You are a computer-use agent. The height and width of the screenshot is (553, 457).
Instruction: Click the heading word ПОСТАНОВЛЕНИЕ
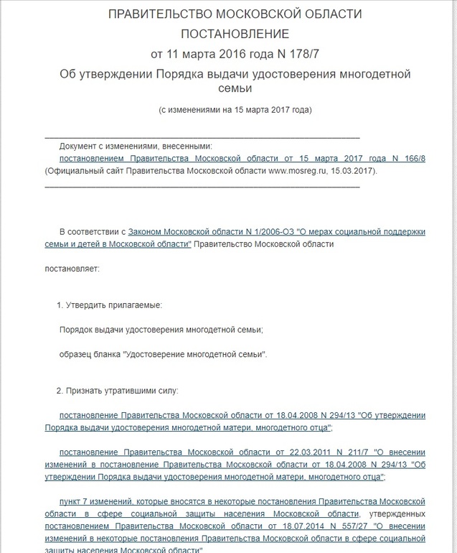[235, 34]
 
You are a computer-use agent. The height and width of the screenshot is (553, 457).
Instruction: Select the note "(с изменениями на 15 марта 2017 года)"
[235, 110]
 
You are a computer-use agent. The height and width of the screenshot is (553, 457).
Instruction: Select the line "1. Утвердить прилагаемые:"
[110, 305]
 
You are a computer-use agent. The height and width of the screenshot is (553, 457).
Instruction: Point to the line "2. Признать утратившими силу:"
[118, 391]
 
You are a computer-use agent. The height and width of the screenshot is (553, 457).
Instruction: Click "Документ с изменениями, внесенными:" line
[136, 144]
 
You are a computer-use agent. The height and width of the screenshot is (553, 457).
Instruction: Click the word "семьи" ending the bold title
[235, 89]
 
